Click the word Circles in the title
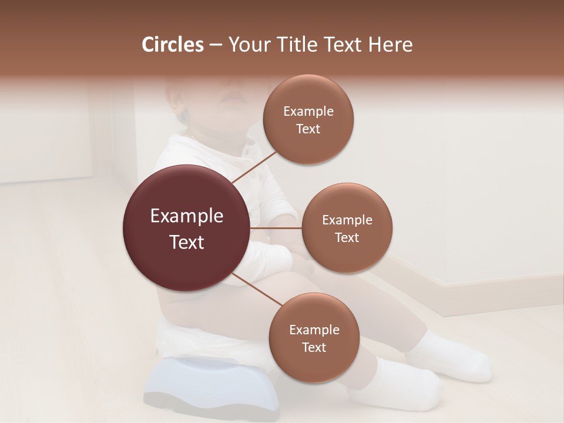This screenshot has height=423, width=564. click(172, 45)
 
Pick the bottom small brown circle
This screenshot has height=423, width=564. click(314, 368)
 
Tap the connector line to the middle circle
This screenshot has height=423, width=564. click(276, 228)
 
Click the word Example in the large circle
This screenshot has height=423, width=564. click(187, 216)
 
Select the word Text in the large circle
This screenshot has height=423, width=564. click(187, 242)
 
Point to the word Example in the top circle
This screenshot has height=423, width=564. click(308, 112)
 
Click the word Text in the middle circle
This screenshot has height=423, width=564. click(347, 238)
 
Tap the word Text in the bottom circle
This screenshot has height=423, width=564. click(314, 348)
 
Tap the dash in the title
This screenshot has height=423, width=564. click(216, 45)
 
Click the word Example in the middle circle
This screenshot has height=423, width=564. click(347, 220)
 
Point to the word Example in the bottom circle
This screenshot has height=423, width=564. click(314, 330)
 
